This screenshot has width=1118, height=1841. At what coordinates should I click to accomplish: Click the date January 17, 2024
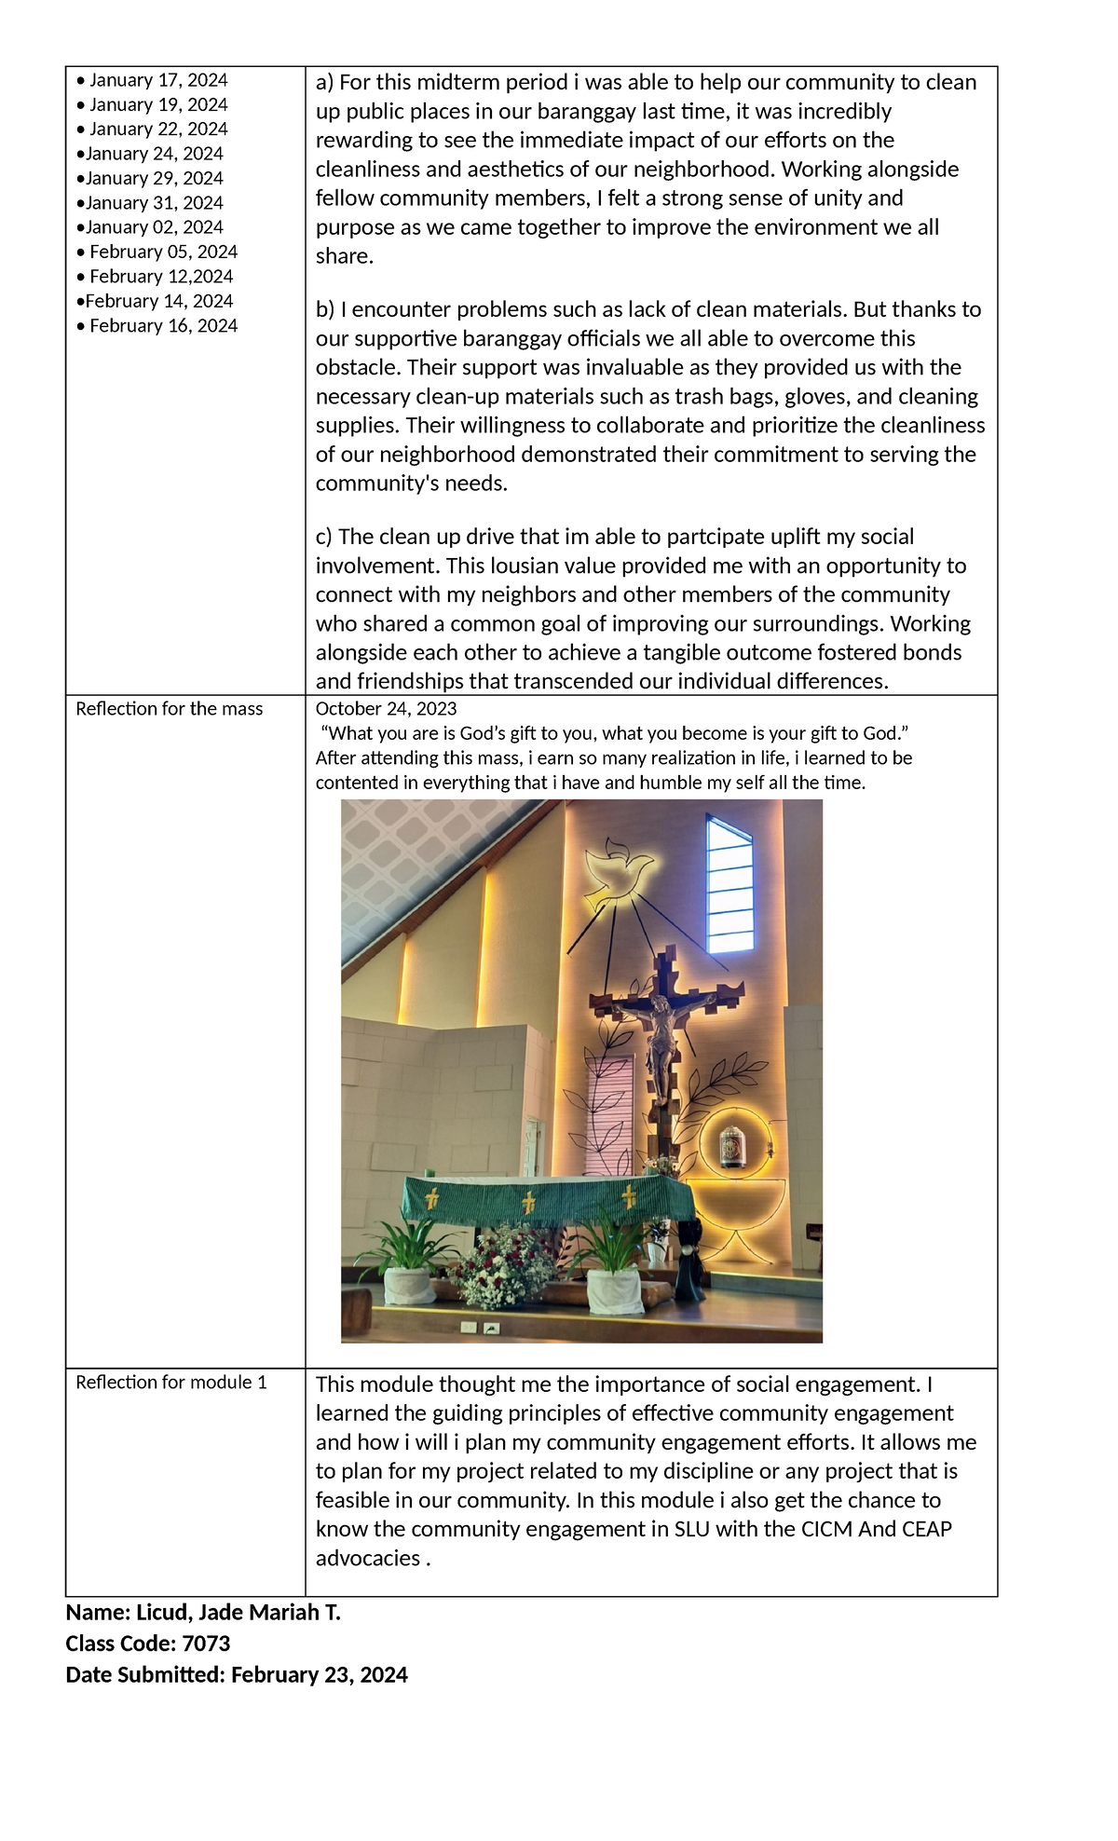157,81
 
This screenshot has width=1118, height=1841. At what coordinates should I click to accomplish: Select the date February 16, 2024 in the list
163,326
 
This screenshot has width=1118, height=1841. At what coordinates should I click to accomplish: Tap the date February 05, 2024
163,252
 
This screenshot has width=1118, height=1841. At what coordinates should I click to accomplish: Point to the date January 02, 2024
154,227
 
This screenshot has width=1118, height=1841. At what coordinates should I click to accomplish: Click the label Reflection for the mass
169,709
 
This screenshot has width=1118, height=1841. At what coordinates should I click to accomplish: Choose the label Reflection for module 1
171,1383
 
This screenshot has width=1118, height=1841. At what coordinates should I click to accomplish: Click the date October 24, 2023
386,709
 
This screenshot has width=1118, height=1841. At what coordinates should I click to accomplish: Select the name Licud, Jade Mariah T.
239,1613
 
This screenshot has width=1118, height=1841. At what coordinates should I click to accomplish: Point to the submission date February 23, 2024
319,1675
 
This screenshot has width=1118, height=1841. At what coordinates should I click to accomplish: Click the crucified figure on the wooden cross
662,1034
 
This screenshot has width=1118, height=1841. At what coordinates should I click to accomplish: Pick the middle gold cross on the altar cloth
529,1202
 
